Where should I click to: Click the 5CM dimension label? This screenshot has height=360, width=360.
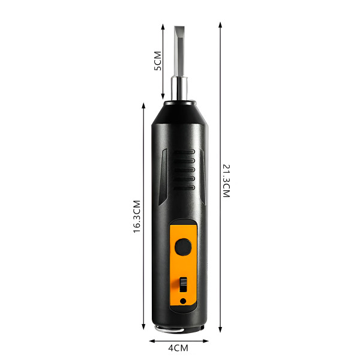(x=158, y=61)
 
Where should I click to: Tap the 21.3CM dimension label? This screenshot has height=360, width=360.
(x=226, y=181)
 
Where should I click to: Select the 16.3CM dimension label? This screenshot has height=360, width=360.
(x=137, y=217)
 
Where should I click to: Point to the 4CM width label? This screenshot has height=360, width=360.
(x=178, y=348)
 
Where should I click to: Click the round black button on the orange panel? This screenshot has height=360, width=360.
(x=183, y=247)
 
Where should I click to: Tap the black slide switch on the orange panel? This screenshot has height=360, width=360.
(x=183, y=284)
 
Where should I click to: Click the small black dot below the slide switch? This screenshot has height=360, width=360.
(x=183, y=301)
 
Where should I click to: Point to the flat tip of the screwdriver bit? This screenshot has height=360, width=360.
(x=179, y=28)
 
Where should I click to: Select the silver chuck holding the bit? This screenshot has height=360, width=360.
(x=179, y=89)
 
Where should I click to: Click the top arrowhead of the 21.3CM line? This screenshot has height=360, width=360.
(x=220, y=25)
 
